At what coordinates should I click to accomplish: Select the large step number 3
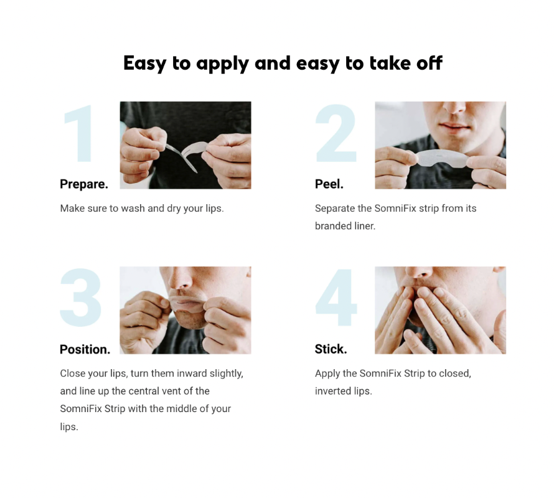click(x=81, y=298)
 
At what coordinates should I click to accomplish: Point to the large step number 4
click(x=336, y=298)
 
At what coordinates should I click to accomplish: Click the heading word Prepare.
click(x=84, y=184)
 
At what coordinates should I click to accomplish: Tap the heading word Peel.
click(x=329, y=184)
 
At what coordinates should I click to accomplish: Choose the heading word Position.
click(x=85, y=349)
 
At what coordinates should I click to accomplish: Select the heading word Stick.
click(x=331, y=349)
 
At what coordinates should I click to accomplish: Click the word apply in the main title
click(x=222, y=64)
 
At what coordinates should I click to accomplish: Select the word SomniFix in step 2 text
click(x=395, y=208)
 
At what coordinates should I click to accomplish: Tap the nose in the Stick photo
click(x=420, y=272)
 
